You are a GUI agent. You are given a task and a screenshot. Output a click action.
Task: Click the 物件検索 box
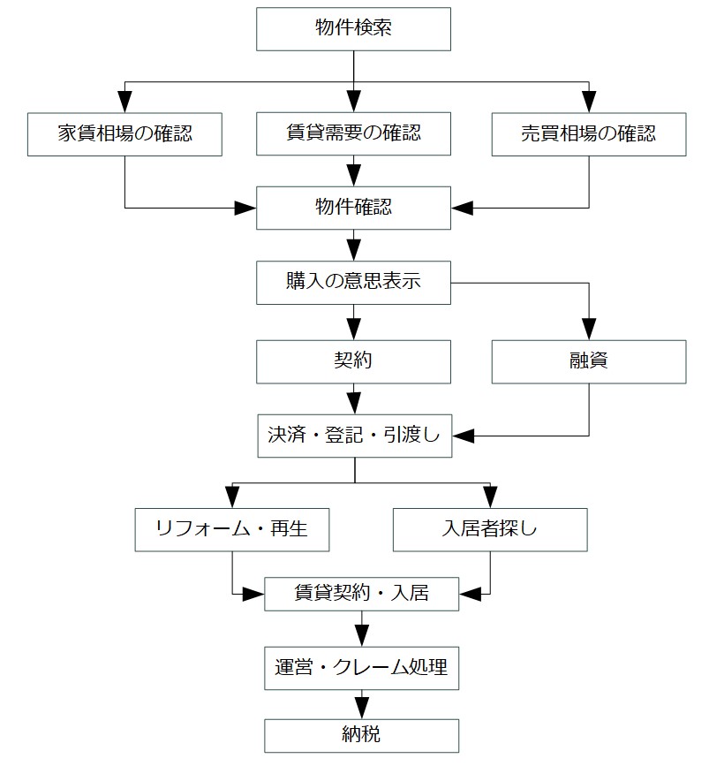[x=353, y=29]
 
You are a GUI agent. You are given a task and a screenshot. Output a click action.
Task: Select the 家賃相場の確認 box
[x=125, y=134]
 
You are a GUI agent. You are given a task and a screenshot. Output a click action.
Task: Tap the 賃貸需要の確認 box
[x=353, y=134]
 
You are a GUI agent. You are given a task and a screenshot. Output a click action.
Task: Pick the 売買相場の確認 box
[x=589, y=134]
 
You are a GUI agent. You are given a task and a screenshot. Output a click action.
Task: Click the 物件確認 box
[x=353, y=209]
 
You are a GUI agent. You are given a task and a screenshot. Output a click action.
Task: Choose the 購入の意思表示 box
[x=353, y=283]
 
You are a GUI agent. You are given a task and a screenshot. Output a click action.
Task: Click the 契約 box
[x=353, y=362]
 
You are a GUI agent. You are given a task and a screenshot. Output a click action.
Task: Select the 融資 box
[x=589, y=362]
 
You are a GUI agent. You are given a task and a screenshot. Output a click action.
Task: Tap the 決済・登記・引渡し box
[x=355, y=436]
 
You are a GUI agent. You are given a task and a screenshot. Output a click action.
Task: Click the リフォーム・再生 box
[x=232, y=530]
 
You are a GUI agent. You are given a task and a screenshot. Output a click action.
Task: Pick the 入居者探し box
[x=490, y=530]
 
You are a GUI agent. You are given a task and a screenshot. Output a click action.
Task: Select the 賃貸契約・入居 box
[x=362, y=594]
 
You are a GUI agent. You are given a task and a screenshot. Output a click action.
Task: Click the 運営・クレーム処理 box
[x=362, y=668]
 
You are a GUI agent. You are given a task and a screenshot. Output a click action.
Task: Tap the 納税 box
[x=362, y=736]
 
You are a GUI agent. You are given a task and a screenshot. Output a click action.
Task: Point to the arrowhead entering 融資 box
[x=589, y=330]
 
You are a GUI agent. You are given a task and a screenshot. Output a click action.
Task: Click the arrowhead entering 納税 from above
[x=362, y=709]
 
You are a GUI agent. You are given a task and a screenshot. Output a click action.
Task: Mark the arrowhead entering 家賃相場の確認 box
[x=125, y=102]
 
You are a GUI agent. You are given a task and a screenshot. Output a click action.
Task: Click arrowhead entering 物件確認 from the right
[x=463, y=209]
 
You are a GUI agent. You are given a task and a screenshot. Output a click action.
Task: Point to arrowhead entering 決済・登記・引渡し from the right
[x=464, y=436]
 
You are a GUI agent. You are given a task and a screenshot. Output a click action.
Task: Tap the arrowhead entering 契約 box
[x=353, y=330]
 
